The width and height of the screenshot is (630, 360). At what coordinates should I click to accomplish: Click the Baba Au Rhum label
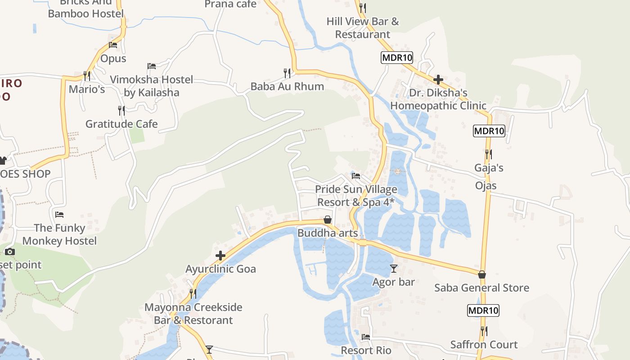point(287,86)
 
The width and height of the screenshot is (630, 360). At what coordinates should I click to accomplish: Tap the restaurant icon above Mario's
point(87,75)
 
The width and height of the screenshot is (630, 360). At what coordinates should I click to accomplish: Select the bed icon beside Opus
point(113,45)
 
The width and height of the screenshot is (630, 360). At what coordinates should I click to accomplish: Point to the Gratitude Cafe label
point(121,124)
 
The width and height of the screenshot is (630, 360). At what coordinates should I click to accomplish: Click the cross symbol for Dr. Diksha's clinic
point(438,80)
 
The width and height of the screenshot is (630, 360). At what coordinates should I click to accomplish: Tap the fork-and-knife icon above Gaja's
point(489,154)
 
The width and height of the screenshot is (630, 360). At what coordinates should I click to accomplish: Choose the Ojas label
point(486,185)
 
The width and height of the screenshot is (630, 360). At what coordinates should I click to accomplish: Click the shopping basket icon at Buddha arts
point(328,220)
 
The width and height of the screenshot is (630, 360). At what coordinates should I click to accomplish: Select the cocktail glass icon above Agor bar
point(394,269)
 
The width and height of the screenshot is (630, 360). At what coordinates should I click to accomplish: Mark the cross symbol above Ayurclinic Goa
point(220,256)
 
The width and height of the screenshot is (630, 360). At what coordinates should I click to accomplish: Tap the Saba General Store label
point(481,288)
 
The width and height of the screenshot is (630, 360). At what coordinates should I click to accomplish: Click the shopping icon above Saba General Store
point(482,274)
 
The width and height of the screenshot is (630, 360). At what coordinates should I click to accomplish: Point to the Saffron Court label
point(484,345)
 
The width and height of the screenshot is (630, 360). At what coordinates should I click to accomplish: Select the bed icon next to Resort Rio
point(366,337)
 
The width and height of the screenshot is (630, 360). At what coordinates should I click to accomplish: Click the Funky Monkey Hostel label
point(59,234)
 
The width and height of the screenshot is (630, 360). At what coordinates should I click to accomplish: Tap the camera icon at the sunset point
point(10,252)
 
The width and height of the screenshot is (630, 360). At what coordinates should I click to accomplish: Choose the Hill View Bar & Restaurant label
point(363,28)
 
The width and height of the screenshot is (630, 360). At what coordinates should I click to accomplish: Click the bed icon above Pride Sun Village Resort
point(356,176)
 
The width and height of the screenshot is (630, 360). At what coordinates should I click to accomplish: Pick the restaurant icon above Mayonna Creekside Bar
point(193,293)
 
